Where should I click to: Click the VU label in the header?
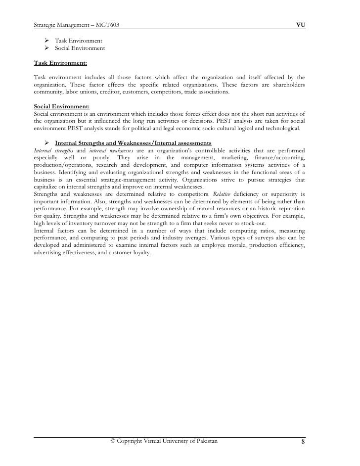coord(300,24)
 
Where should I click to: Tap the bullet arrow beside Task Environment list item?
coord(43,40)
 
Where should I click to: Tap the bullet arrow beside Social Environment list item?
coord(43,48)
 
